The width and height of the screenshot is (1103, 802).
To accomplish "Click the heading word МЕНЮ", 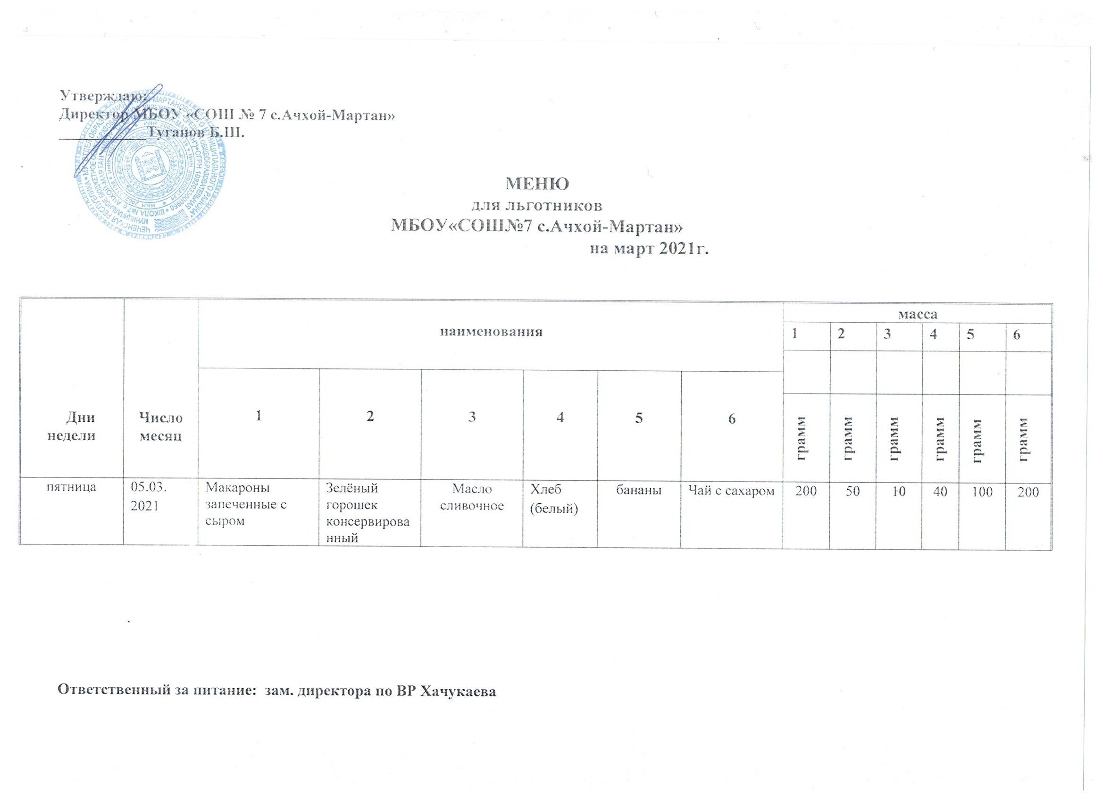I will pos(537,184).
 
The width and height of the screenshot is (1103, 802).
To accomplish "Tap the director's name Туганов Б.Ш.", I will pos(196,132).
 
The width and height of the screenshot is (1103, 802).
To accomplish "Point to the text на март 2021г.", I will pos(649,249).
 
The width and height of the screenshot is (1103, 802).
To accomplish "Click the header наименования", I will pos(491,333).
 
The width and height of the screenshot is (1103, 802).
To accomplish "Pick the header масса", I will pos(918,314).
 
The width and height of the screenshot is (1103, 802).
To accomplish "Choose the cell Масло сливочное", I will pos(472,497).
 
